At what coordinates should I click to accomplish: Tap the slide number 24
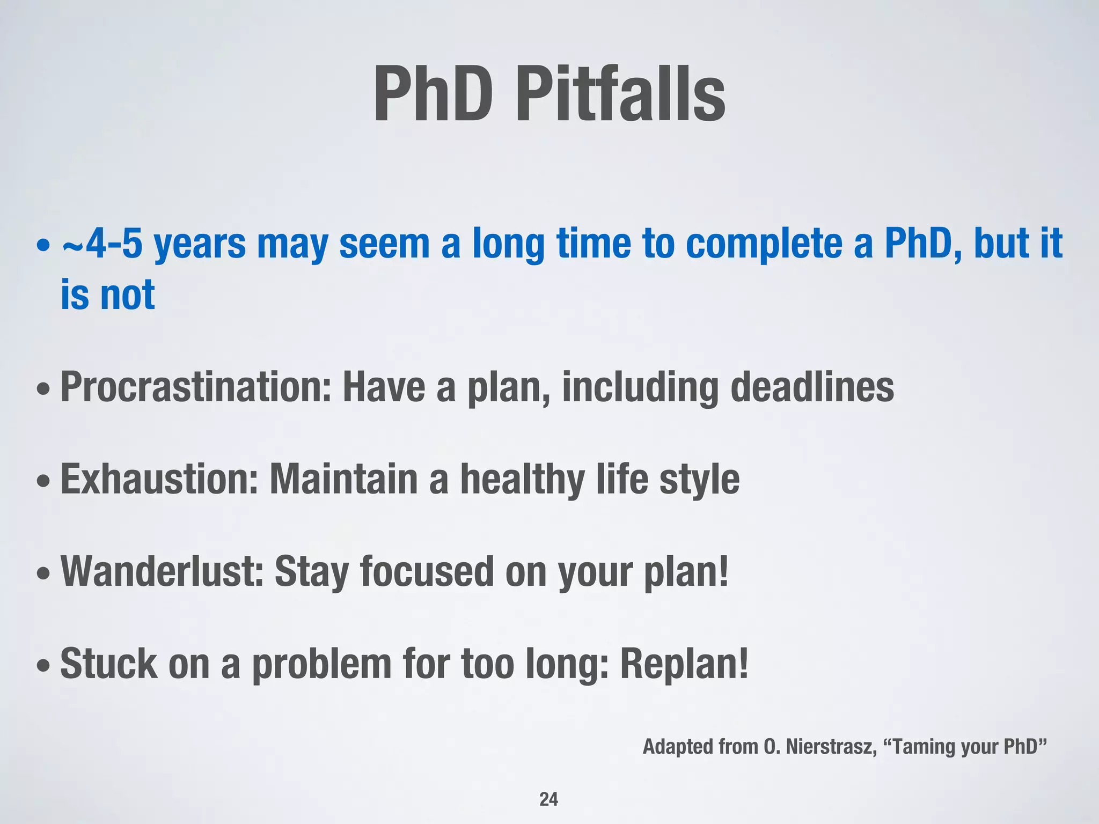pyautogui.click(x=548, y=799)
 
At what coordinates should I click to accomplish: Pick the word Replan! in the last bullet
pyautogui.click(x=684, y=664)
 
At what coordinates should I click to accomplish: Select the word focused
pyautogui.click(x=427, y=572)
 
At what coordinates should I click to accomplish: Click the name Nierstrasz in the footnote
pyautogui.click(x=831, y=747)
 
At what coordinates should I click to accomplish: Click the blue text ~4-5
pyautogui.click(x=102, y=244)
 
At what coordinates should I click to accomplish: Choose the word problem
pyautogui.click(x=322, y=664)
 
